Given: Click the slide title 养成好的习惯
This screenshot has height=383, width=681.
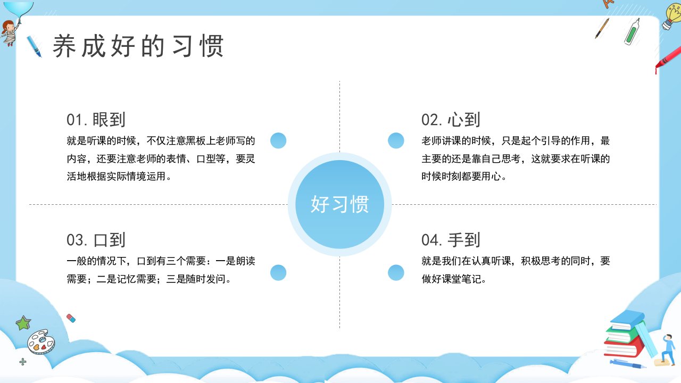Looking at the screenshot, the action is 138,46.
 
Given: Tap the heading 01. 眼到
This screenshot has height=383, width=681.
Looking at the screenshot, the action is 96,120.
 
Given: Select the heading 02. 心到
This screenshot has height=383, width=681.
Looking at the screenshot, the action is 451,120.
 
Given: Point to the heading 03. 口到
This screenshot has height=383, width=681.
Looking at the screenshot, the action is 96,240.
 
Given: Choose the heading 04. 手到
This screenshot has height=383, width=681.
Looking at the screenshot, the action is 451,240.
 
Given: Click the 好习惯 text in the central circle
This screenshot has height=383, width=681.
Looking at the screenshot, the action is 339,204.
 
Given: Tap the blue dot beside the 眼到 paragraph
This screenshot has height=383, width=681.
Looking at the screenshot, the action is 278,140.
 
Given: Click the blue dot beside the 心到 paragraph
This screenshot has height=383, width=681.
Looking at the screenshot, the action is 396,140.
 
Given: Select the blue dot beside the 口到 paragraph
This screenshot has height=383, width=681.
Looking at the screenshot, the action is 278,272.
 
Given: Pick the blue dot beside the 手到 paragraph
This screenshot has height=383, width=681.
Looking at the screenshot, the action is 396,272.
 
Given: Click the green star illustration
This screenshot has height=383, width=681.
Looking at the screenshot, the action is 23,323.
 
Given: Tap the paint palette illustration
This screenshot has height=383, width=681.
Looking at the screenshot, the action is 41,342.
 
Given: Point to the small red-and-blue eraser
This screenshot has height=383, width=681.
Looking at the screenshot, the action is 71,318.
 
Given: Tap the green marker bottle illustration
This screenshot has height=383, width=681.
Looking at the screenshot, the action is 632,32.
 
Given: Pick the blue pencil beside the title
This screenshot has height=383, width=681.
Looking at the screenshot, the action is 34,46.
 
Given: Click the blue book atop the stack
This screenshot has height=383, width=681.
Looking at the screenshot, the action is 628,320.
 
